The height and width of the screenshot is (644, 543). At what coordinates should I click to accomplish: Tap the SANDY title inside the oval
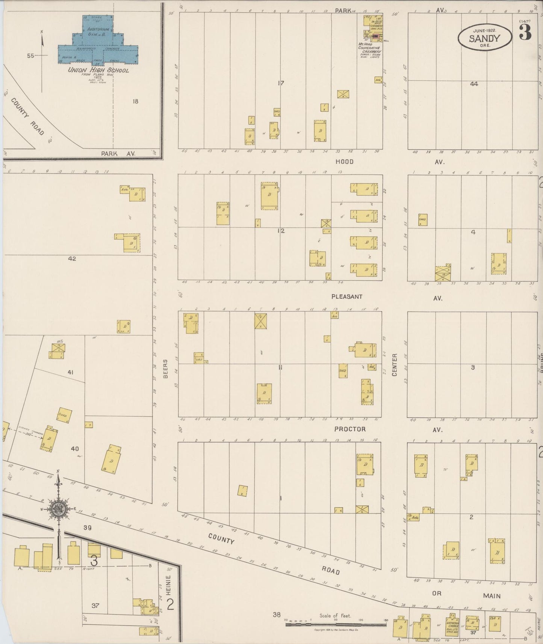(484, 38)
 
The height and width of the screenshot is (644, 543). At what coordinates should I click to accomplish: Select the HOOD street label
(345, 162)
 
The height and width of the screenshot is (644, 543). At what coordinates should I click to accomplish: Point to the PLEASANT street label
(347, 296)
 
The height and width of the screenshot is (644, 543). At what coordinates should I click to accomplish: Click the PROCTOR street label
(349, 429)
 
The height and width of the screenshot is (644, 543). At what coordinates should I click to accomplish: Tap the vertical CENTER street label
(395, 364)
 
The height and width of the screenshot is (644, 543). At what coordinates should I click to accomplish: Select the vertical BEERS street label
(165, 368)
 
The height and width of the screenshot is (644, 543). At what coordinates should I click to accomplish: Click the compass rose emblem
(59, 509)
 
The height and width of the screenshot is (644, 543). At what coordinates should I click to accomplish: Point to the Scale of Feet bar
(336, 624)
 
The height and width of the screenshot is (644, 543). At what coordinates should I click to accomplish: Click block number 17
(280, 83)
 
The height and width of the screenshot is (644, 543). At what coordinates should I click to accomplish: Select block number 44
(474, 84)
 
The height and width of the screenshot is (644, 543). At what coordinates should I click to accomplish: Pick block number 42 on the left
(72, 259)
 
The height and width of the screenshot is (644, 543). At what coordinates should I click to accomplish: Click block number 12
(280, 231)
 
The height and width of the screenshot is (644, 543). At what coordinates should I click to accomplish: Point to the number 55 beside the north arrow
(30, 56)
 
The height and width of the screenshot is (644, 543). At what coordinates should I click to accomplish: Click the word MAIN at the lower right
(492, 596)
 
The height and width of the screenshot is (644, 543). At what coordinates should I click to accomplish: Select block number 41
(70, 372)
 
